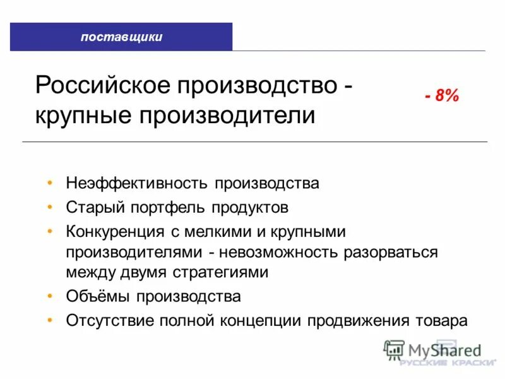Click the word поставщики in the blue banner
coord(121,37)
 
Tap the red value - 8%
coord(442,97)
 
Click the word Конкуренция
coord(118,231)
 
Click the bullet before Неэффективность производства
coord(50,184)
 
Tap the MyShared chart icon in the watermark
coord(394,349)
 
